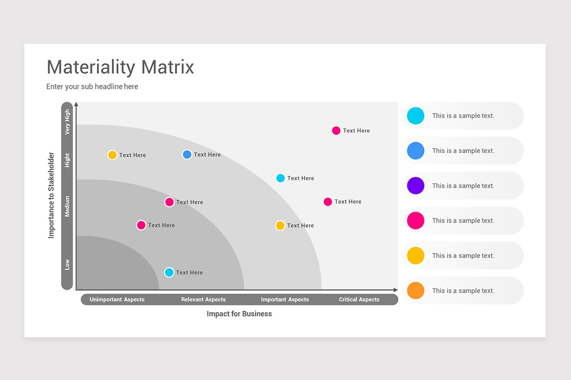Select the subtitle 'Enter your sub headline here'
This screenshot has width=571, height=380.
click(92, 86)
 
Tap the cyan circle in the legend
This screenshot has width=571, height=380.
click(415, 116)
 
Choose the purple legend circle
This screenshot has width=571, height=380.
click(415, 186)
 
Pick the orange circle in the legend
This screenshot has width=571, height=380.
click(415, 291)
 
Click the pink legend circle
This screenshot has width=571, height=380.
click(415, 220)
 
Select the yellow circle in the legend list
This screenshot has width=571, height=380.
click(415, 256)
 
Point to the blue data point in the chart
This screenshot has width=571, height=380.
click(187, 154)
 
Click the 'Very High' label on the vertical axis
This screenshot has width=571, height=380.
click(67, 122)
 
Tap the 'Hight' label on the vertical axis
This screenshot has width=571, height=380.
click(67, 160)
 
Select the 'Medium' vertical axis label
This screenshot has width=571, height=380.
click(67, 206)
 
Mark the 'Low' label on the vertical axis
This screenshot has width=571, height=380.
click(67, 265)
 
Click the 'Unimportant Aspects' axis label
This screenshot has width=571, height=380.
click(117, 300)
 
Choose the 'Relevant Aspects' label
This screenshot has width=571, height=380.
click(203, 300)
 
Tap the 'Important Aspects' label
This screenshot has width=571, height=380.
click(285, 300)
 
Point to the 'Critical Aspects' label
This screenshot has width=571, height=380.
click(359, 300)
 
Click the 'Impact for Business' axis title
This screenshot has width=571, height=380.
click(239, 314)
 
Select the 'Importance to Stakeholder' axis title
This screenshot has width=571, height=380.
click(51, 195)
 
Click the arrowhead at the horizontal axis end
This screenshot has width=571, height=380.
click(395, 290)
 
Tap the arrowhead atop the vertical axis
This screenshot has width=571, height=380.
click(76, 104)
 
